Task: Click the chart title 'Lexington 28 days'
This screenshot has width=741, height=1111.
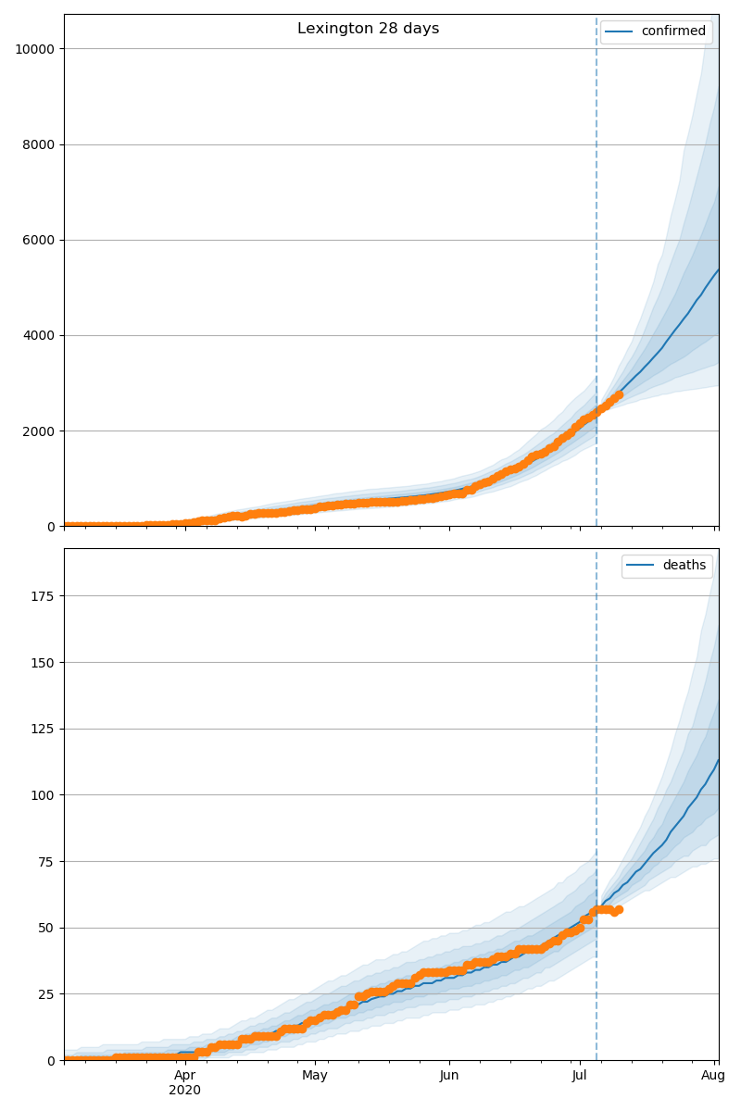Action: click(x=368, y=29)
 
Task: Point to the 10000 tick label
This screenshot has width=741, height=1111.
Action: click(x=33, y=49)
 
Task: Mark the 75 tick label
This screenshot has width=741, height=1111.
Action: click(x=46, y=862)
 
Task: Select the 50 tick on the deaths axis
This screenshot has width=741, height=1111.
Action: click(x=46, y=928)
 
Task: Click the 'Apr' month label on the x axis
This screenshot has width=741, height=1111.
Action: click(x=184, y=1076)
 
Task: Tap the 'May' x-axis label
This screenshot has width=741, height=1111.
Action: click(x=315, y=1076)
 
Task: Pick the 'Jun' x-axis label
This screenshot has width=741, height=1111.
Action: click(x=449, y=1076)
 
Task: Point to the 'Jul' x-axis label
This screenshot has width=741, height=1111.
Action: click(x=580, y=1076)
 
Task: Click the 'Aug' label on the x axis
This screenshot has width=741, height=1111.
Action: click(x=713, y=1076)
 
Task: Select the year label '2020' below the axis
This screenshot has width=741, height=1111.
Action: click(x=184, y=1091)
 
